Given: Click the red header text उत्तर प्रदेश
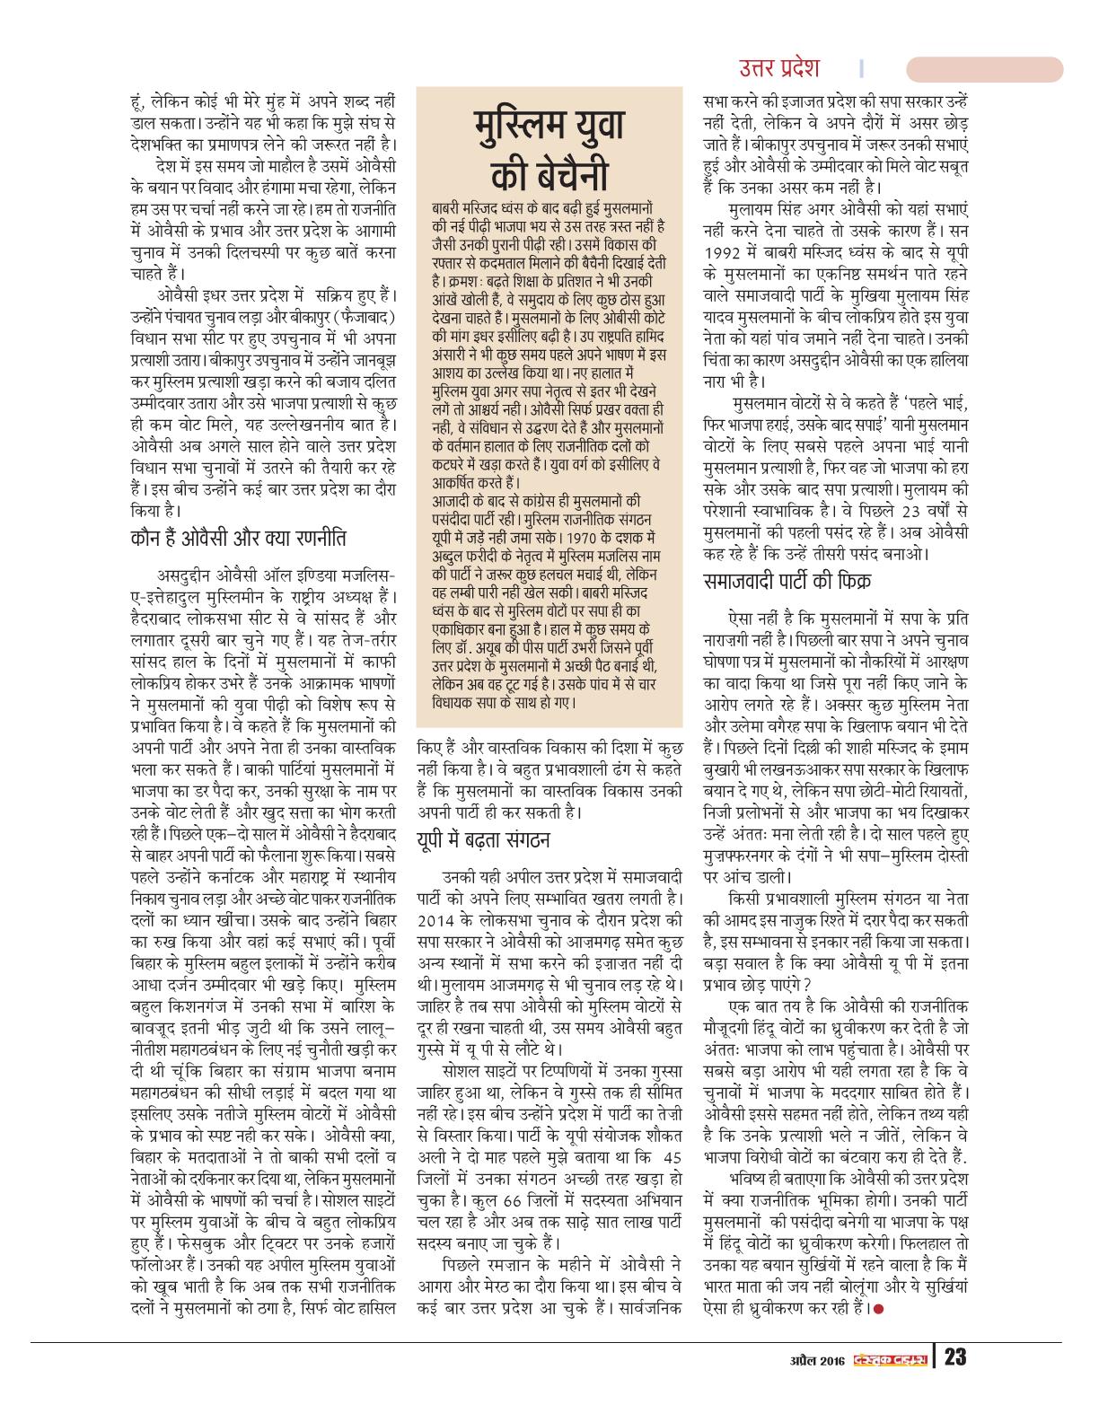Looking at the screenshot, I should point(778,68).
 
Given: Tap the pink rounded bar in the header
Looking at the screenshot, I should point(984,70).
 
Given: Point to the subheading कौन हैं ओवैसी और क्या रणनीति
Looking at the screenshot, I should point(238,539).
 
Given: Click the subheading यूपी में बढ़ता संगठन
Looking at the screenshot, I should point(483,840).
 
